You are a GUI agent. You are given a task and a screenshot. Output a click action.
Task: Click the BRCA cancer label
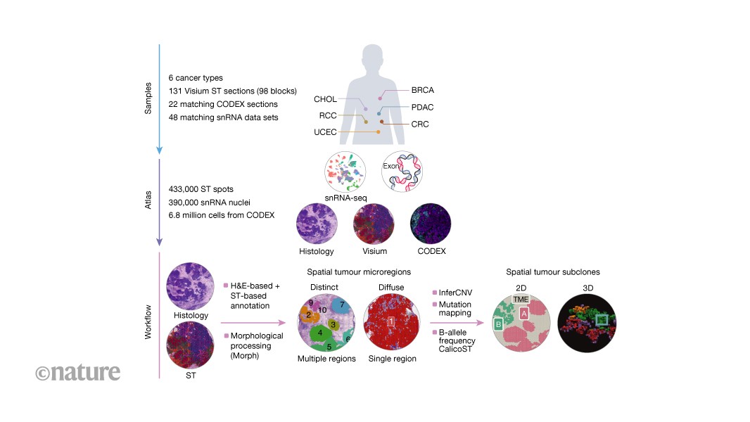click(x=423, y=91)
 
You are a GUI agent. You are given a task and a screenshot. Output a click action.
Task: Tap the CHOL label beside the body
click(x=326, y=100)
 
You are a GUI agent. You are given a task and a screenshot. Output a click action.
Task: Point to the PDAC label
click(x=423, y=107)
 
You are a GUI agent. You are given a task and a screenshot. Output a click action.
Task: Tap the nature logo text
click(x=77, y=372)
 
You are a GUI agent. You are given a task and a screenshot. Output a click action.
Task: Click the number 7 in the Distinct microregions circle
click(x=342, y=305)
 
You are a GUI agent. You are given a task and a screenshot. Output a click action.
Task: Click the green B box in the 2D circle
click(x=499, y=324)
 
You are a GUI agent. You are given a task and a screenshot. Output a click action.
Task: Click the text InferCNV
click(x=457, y=290)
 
